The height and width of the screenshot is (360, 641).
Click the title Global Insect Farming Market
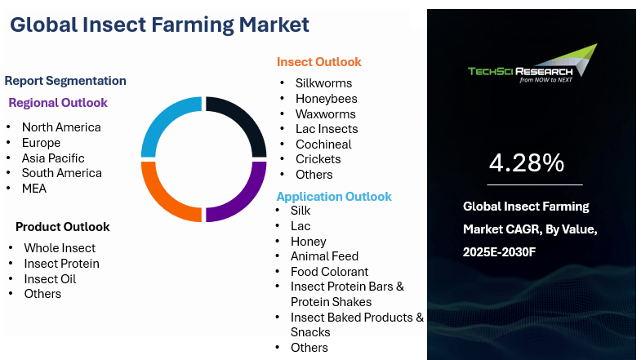coord(159,24)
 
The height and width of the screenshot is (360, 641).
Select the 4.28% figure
coord(527,162)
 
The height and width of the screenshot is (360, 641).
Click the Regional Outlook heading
coord(58,103)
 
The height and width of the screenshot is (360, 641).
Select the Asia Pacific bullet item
coord(53,158)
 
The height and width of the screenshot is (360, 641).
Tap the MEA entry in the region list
coord(34,188)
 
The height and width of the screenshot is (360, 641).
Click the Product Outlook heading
coord(62,227)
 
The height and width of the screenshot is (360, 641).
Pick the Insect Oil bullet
coord(50,278)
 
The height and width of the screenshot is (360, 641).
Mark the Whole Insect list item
coord(60,247)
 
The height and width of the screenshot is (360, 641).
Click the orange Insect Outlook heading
coord(318,62)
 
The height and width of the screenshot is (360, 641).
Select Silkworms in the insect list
coord(323,83)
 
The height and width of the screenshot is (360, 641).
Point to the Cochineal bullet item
coord(323,144)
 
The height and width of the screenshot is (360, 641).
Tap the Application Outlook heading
coord(334,197)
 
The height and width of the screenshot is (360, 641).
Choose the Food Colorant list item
coord(329,271)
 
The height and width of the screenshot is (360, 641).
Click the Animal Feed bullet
coord(324,256)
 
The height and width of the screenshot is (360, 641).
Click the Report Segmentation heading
coord(65,81)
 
